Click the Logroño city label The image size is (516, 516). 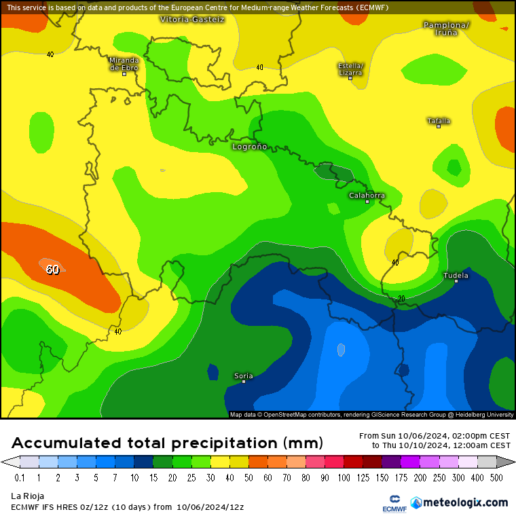click(250, 146)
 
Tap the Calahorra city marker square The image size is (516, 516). click(367, 202)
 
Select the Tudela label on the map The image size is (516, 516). click(456, 275)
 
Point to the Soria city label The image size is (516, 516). click(243, 375)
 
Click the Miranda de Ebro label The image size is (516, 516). click(124, 64)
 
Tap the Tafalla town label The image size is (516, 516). click(439, 121)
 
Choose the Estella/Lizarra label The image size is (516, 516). click(350, 69)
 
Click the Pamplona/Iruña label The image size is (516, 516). click(446, 29)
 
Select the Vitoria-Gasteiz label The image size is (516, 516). click(192, 19)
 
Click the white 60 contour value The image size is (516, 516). click(52, 270)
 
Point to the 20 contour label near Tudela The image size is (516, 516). click(401, 298)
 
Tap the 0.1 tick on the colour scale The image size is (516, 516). click(20, 478)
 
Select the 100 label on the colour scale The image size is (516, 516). click(344, 478)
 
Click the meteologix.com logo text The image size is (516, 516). click(465, 502)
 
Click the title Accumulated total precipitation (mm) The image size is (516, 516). click(167, 443)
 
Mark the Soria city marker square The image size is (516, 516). click(244, 382)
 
